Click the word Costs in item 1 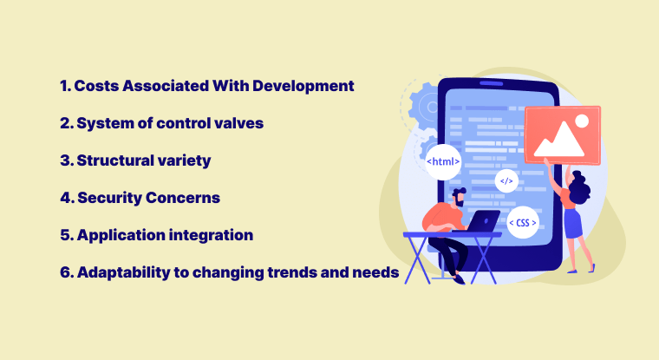click(x=96, y=86)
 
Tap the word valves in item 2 click(x=239, y=123)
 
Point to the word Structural click(x=119, y=160)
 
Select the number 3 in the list click(x=64, y=160)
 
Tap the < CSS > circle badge click(x=522, y=223)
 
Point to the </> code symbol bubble click(x=507, y=181)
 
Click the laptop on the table click(x=476, y=221)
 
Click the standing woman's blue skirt click(x=573, y=224)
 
